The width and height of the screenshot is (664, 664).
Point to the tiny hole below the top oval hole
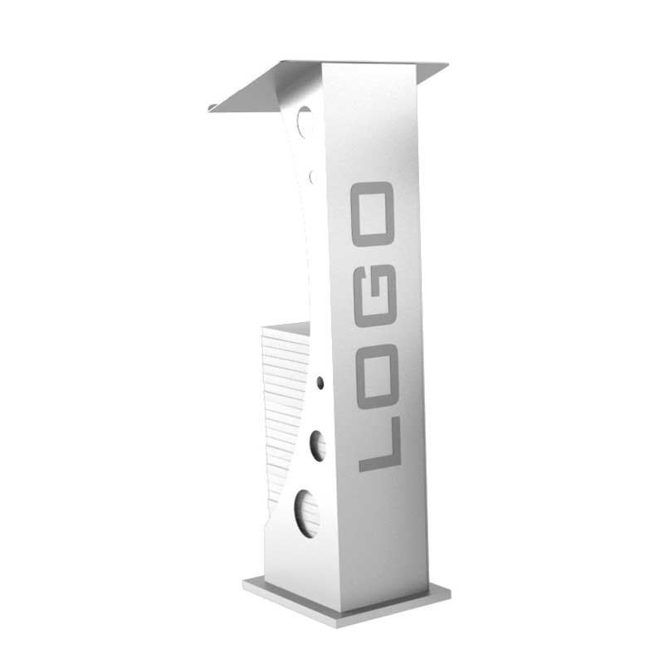[x=313, y=177]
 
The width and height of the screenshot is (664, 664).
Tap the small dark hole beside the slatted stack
[x=320, y=383]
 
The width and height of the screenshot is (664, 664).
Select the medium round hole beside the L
[x=318, y=446]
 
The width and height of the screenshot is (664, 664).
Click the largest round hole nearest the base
[x=306, y=513]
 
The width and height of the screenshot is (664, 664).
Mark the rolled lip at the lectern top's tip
[x=213, y=109]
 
